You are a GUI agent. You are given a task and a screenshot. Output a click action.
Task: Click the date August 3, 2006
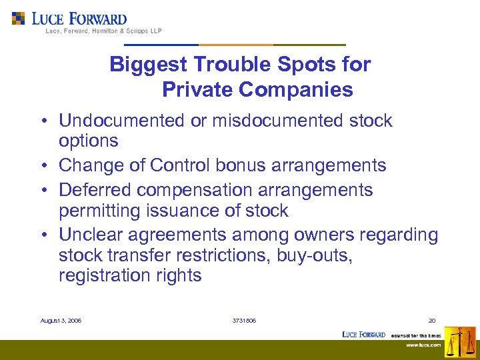61,321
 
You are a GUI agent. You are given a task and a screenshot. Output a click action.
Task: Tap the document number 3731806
243,321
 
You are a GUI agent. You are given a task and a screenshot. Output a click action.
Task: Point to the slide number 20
432,321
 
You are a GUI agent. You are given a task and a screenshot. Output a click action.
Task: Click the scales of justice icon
460,341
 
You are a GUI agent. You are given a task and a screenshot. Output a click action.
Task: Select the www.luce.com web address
424,345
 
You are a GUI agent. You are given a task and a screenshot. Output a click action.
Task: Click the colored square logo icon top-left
18,18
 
